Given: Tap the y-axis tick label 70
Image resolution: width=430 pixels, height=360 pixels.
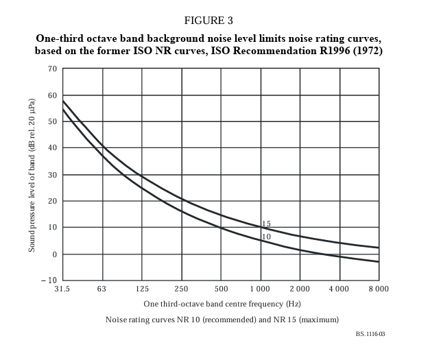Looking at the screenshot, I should [52, 69].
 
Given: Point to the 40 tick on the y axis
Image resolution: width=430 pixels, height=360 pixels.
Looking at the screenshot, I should [52, 148].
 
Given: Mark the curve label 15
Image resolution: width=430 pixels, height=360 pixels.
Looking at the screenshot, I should [266, 224].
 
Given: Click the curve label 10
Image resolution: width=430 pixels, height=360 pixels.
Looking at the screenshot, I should [266, 237].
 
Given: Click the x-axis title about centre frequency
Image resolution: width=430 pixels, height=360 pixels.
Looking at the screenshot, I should [222, 303].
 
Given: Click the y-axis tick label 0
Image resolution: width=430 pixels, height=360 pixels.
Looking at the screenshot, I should [54, 254].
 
